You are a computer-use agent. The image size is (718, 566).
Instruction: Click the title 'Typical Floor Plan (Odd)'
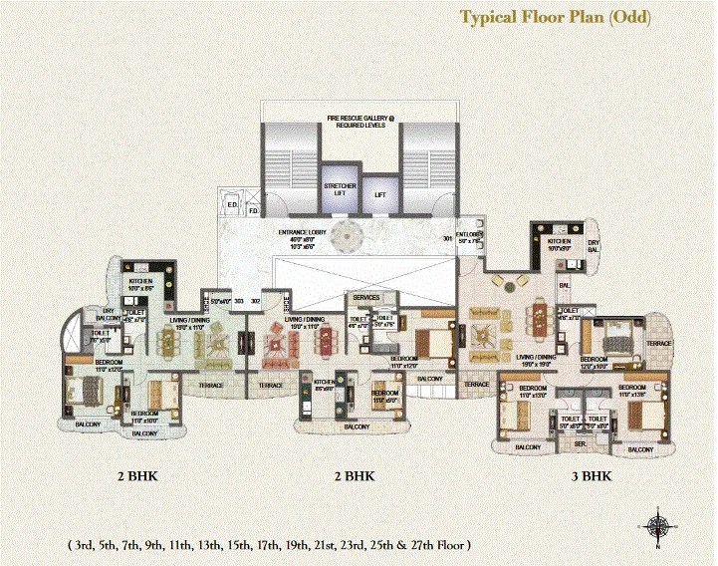tap(555, 17)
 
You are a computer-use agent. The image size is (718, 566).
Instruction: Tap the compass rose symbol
tap(658, 525)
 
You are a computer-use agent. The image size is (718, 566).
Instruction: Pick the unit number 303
tap(239, 299)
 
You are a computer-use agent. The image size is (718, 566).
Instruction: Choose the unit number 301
tap(447, 239)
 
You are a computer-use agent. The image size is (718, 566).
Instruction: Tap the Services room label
tap(367, 297)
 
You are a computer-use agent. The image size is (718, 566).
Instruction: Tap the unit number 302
tap(256, 299)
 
